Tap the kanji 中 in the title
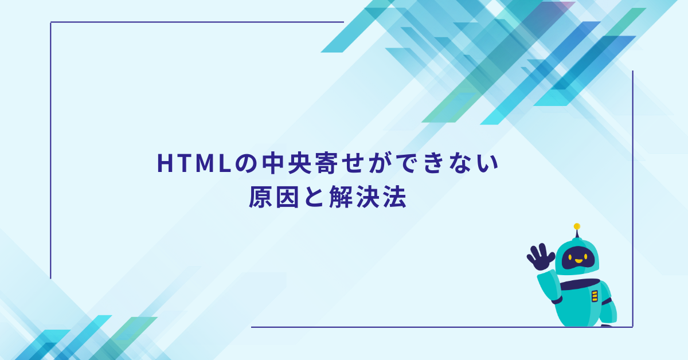[x=269, y=165]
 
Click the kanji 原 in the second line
[x=260, y=198]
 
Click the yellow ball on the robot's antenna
[x=577, y=226]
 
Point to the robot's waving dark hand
[x=540, y=257]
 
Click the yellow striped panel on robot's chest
[x=594, y=296]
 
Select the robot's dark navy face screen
[x=577, y=259]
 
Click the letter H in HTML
[x=165, y=165]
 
